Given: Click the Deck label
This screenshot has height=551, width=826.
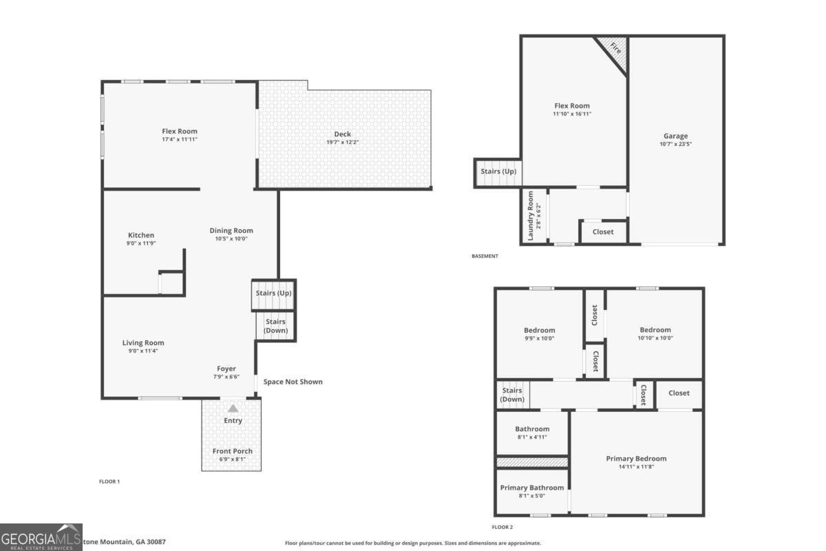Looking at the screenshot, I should coord(342,134).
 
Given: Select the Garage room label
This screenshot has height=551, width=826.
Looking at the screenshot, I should coord(675,136).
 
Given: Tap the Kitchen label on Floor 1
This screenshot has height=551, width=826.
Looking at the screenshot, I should coord(141,235).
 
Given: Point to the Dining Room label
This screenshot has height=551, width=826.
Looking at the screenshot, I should coord(231,231).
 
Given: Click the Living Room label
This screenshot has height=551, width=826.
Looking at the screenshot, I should coord(143,343).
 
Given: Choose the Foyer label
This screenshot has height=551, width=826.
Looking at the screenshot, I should coord(226,369).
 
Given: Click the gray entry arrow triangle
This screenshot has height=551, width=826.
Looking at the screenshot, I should coord(233,408).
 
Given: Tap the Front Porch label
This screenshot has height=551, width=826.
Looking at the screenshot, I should coord(232,451).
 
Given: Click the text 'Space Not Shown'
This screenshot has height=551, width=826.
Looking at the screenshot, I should coord(293,382).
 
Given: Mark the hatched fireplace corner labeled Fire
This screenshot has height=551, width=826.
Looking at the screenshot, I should coord(615,50).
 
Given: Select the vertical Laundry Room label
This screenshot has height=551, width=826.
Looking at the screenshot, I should coord(530,216).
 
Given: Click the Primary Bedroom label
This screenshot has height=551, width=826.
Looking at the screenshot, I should coord(636,459).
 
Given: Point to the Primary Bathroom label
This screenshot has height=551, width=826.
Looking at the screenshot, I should coord(531,488).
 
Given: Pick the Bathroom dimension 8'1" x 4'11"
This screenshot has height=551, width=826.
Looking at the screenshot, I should coord(532,437).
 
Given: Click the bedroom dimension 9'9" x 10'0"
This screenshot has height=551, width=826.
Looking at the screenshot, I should coord(539,338).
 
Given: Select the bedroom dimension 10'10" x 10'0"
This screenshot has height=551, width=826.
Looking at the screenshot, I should coord(655,338).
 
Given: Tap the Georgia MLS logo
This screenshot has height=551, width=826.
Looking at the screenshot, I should coord(41,537).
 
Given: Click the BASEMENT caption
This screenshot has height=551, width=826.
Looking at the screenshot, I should coord(485,256).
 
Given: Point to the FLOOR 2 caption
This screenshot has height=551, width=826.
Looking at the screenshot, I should coord(502,527).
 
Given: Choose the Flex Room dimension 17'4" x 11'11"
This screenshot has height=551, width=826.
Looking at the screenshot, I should coord(179,139).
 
